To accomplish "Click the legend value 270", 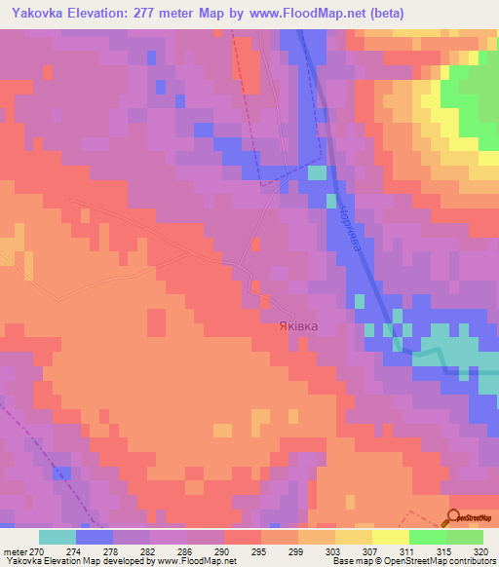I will click(x=38, y=550).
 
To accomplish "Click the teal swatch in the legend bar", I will click(x=57, y=537).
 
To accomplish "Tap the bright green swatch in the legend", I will click(x=427, y=537).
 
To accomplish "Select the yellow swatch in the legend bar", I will click(x=390, y=537).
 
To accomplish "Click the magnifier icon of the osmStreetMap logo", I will click(x=455, y=518).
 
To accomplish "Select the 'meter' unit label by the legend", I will click(x=15, y=550).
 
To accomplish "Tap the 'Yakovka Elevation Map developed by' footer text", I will click(x=80, y=561).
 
